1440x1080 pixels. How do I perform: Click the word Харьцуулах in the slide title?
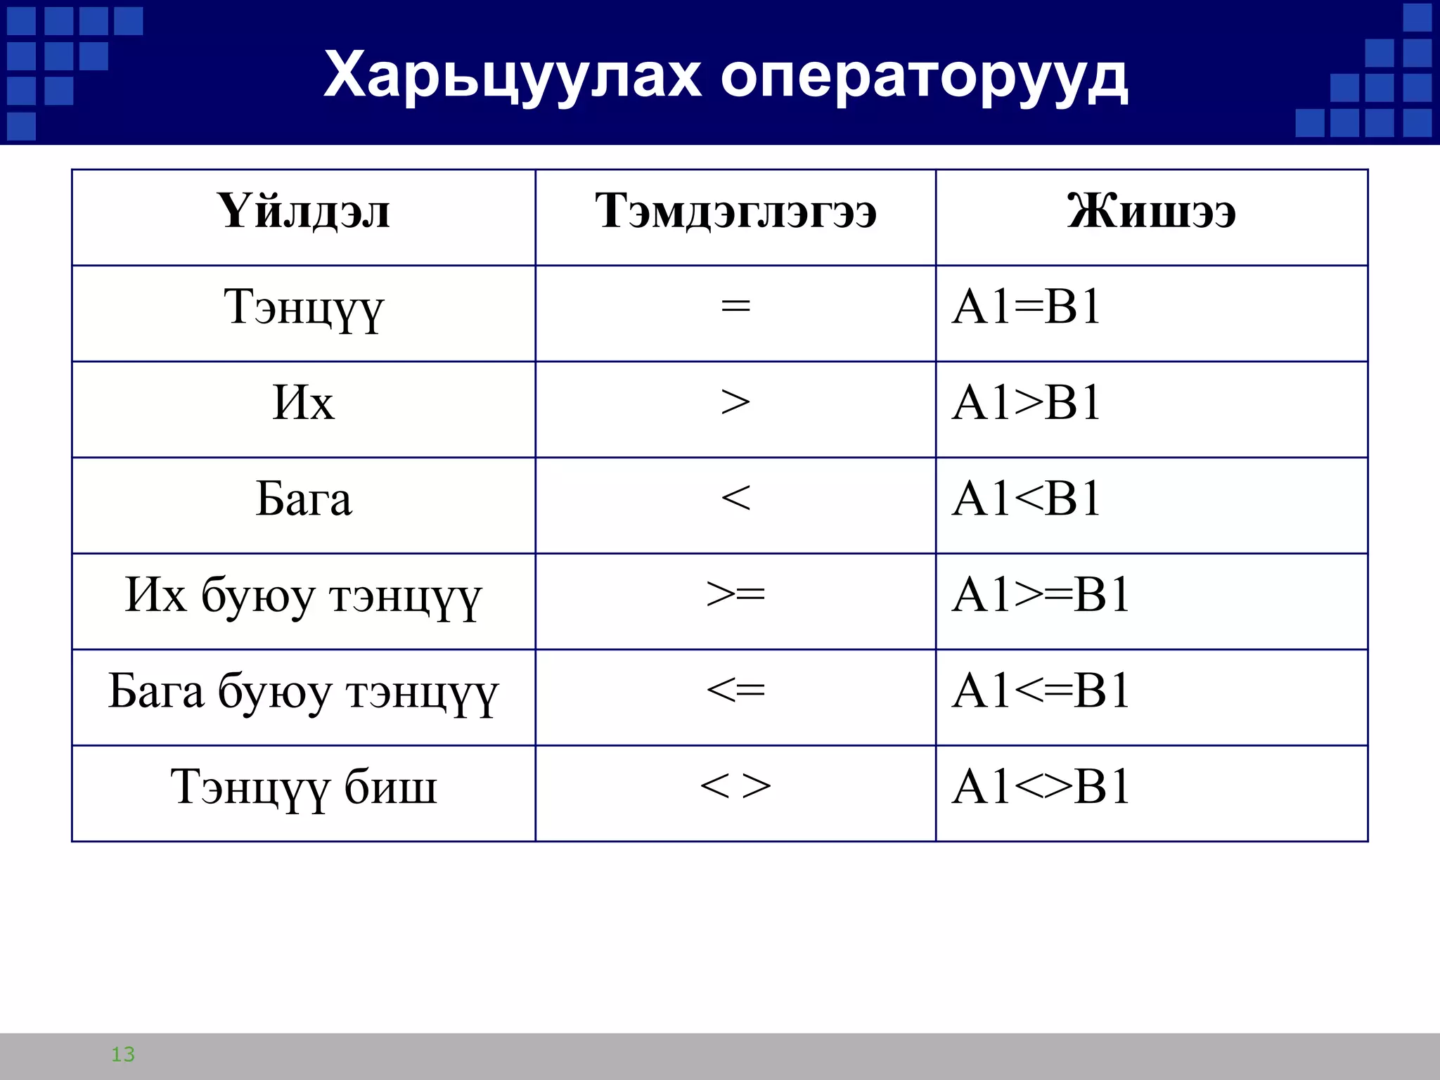click(512, 76)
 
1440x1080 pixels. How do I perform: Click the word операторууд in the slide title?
click(924, 76)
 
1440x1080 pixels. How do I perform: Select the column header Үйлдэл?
click(303, 211)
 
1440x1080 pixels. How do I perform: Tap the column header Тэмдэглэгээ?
click(735, 211)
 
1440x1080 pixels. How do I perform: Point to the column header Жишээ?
click(1151, 211)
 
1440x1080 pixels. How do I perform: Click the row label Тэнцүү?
click(303, 308)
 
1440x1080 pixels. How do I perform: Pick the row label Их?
click(303, 404)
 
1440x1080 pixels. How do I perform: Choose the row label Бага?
click(303, 499)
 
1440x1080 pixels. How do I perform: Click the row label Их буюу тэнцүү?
click(303, 596)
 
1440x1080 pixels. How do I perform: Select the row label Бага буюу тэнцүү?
click(303, 692)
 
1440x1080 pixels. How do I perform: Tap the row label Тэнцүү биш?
click(303, 787)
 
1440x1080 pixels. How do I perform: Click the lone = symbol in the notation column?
click(735, 307)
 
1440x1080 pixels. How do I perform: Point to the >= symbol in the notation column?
click(735, 595)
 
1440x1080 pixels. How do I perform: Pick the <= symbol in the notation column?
click(735, 690)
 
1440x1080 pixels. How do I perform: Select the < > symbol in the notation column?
click(735, 786)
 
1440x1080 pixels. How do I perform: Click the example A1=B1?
click(1026, 307)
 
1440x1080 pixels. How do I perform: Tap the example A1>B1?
click(1026, 403)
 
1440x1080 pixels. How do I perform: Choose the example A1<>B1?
click(1041, 787)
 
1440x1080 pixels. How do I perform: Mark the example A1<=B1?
click(1041, 691)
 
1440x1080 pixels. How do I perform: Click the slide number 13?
click(123, 1054)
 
